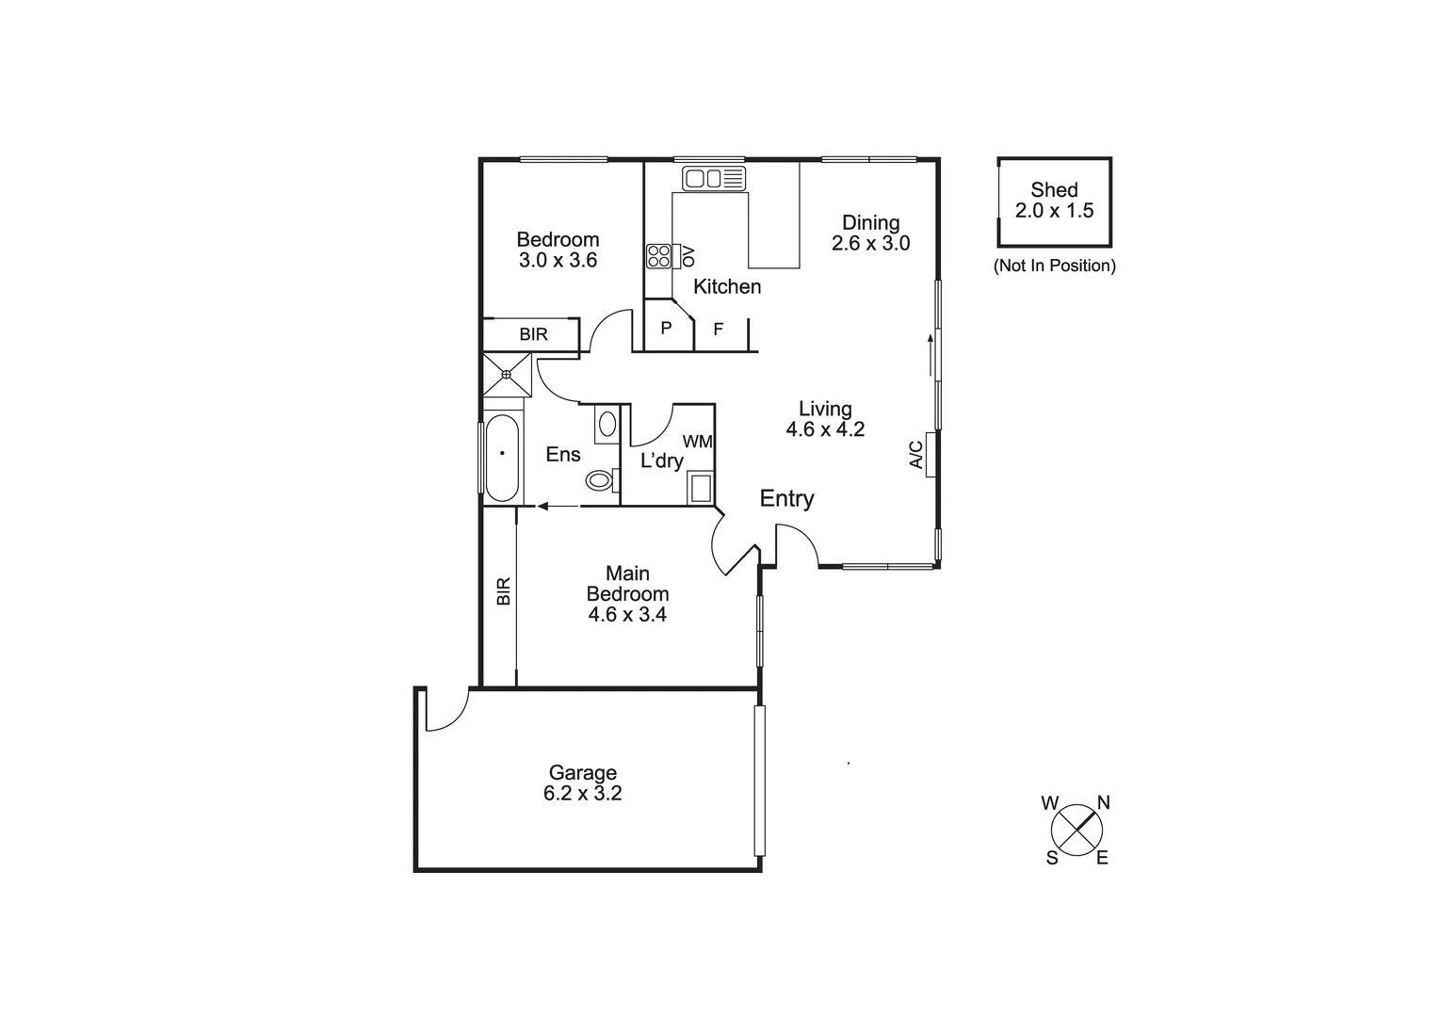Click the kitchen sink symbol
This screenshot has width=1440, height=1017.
(x=713, y=178)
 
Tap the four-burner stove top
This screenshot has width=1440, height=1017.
(x=658, y=256)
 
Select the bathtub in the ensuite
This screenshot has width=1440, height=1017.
(x=502, y=458)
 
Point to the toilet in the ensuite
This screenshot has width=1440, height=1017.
(x=601, y=480)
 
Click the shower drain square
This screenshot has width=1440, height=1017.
(x=507, y=375)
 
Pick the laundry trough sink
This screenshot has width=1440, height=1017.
(x=700, y=488)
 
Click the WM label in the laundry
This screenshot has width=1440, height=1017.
(x=698, y=441)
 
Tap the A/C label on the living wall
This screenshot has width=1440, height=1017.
(x=915, y=455)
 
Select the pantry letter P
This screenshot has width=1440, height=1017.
(x=667, y=329)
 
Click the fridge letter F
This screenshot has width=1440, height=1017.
(x=719, y=330)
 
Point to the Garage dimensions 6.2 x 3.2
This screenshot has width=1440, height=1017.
(x=583, y=794)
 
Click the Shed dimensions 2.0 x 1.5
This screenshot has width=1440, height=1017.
(x=1054, y=211)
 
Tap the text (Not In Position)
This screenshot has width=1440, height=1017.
(x=1054, y=266)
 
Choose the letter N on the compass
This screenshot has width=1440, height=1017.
(x=1104, y=803)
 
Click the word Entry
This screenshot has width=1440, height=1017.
(x=786, y=498)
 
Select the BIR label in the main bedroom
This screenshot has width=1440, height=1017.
(x=503, y=590)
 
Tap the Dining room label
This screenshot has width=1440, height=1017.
(x=871, y=222)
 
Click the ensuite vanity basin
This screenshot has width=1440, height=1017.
(x=607, y=423)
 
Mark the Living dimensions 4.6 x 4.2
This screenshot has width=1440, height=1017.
(x=825, y=429)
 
